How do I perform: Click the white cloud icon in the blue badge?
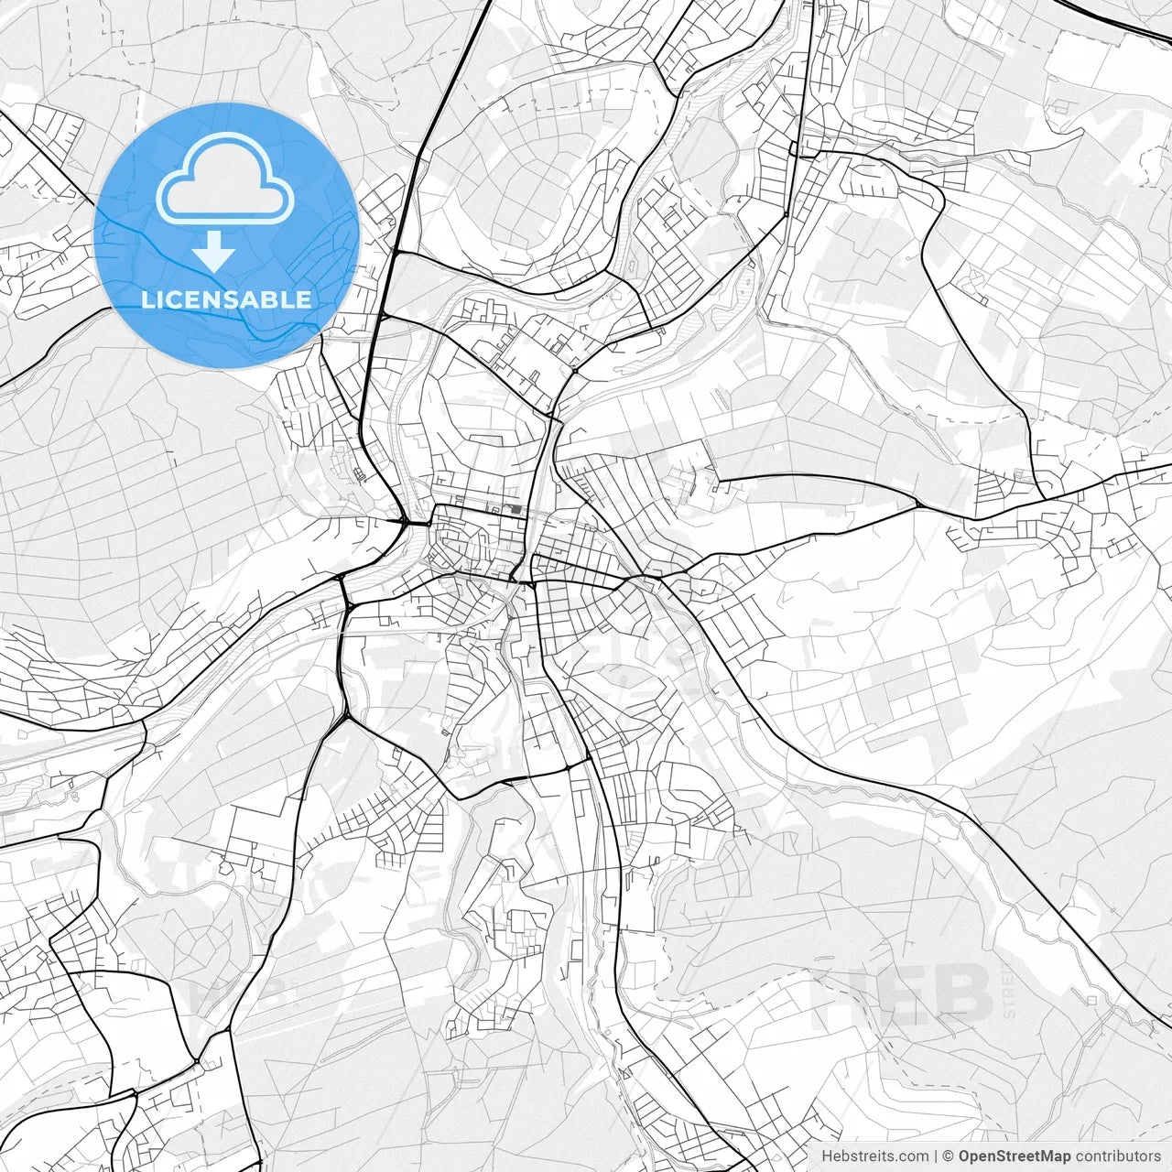[x=225, y=179]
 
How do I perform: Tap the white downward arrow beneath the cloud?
[x=214, y=251]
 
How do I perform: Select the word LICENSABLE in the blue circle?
[x=226, y=299]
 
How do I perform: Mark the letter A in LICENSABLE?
[x=255, y=299]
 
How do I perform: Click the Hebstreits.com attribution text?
[x=874, y=1156]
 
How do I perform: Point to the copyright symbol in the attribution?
[x=950, y=1156]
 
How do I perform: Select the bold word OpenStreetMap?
[x=1014, y=1156]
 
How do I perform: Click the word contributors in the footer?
[x=1118, y=1156]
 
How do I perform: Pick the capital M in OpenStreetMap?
[x=1047, y=1156]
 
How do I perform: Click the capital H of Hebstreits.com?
[x=827, y=1156]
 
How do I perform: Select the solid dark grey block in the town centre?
[x=519, y=513]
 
